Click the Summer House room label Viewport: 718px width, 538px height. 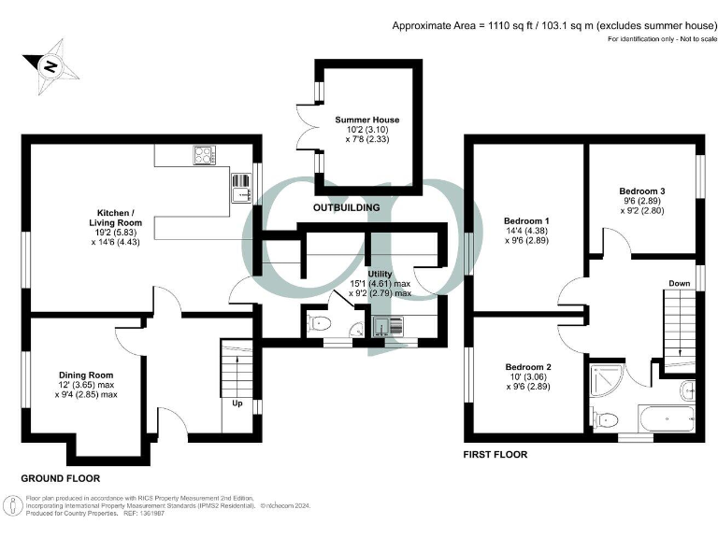(367, 120)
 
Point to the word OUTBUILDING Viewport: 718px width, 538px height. (346, 206)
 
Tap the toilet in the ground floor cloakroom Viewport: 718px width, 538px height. (319, 324)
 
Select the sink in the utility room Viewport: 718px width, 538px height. (386, 326)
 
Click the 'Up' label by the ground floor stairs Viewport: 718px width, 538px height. (238, 404)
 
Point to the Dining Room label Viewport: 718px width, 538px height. (85, 373)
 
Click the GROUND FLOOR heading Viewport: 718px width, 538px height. (61, 477)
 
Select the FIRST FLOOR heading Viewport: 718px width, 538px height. (495, 455)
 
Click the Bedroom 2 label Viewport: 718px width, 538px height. (528, 366)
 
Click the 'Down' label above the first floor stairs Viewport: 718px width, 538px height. (679, 283)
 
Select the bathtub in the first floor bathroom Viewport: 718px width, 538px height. (665, 416)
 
